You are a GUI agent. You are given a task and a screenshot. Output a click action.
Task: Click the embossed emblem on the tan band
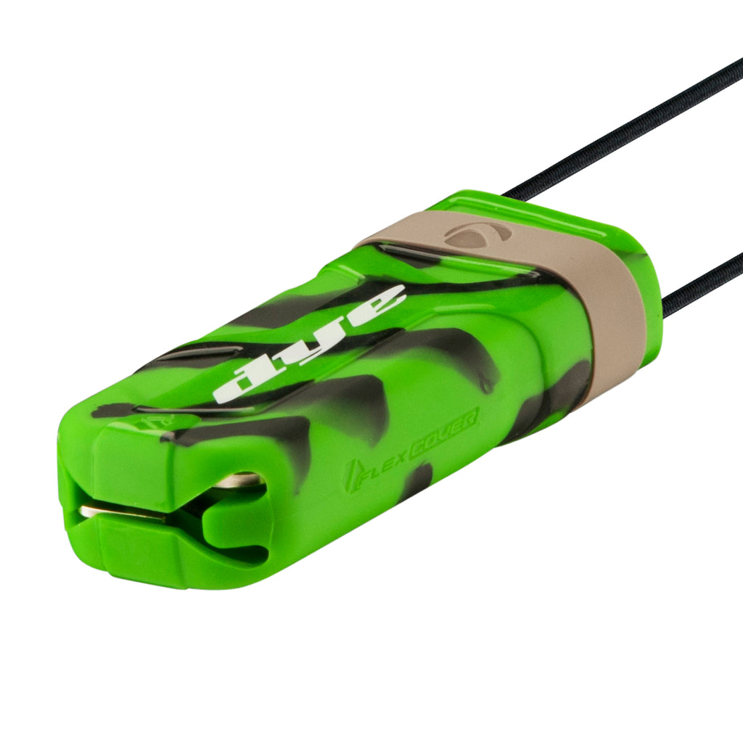pos(478,234)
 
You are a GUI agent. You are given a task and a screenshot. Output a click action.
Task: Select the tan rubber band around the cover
pos(559,279)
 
